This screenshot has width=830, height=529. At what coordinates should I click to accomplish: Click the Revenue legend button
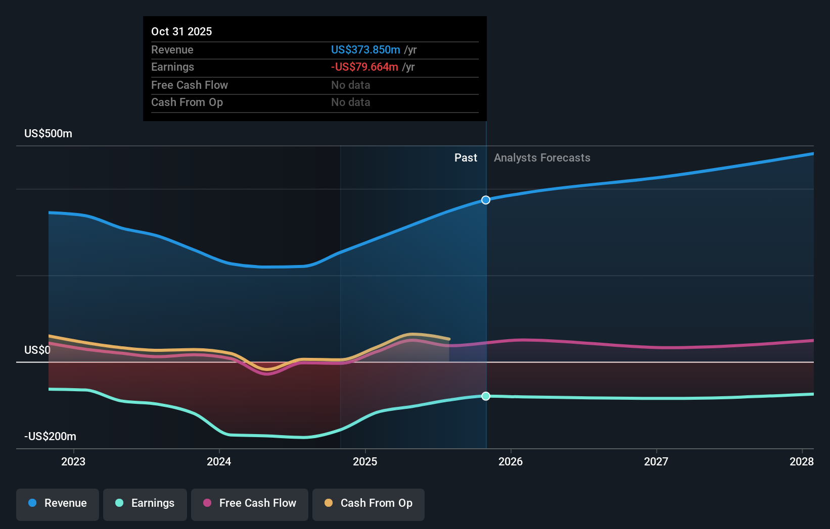tap(58, 503)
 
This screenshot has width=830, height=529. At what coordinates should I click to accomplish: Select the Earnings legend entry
tap(145, 503)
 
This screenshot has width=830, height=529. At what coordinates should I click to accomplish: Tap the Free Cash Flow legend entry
tap(250, 503)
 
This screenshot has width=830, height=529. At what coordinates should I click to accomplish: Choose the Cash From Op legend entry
tap(368, 503)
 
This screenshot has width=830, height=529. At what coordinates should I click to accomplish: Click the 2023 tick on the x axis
tap(73, 461)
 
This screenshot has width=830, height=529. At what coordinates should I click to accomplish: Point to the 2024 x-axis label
tap(219, 461)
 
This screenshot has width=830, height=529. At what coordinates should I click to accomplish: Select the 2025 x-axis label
tap(365, 461)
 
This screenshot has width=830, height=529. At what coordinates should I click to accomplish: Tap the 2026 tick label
tap(511, 461)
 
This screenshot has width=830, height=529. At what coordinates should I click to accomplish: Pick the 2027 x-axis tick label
tap(656, 461)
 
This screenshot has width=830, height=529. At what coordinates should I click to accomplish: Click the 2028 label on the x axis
tap(802, 461)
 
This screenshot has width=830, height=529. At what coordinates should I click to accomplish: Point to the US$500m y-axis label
tap(49, 134)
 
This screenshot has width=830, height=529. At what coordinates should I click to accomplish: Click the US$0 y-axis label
tap(37, 350)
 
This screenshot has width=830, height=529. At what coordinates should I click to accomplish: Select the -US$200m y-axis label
tap(51, 437)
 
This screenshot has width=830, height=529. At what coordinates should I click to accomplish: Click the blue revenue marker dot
tap(486, 200)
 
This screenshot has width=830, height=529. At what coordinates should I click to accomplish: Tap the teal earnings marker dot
tap(486, 396)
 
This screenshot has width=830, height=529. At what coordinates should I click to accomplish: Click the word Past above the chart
tap(466, 158)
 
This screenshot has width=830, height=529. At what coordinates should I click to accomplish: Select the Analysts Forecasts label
tap(542, 158)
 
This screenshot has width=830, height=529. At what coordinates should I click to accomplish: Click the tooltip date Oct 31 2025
tap(181, 31)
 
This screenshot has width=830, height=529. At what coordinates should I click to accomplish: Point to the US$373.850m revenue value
tap(365, 49)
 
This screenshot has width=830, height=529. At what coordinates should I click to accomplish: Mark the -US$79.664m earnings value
tap(364, 67)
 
